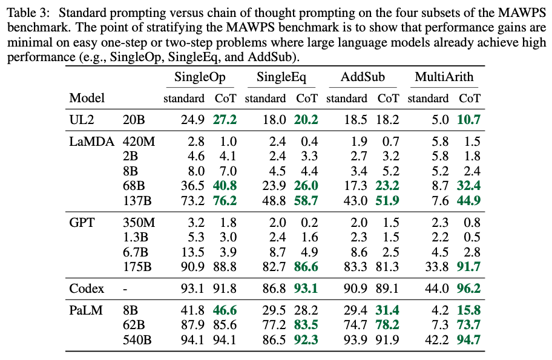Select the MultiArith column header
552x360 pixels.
[x=444, y=77]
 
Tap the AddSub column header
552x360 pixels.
[x=362, y=77]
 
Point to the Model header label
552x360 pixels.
[x=87, y=98]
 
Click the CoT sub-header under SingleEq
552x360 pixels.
[x=306, y=98]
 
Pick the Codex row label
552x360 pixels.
[x=86, y=289]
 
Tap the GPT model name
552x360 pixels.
[x=82, y=223]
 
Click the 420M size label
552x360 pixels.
[x=139, y=142]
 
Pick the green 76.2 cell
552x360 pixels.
[x=224, y=200]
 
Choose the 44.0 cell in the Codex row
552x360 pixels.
[x=437, y=289]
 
